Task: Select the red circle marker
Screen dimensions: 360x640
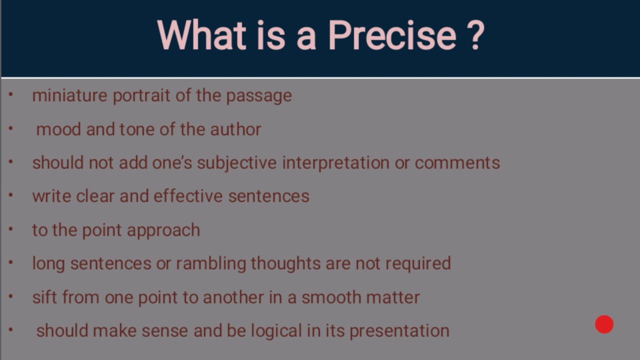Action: (x=604, y=324)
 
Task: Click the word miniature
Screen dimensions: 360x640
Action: (x=69, y=95)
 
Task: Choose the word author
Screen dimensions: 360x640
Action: (x=235, y=129)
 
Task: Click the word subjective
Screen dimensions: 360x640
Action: (x=237, y=163)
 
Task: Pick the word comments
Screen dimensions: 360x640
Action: (x=457, y=163)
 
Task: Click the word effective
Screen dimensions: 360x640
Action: (x=188, y=196)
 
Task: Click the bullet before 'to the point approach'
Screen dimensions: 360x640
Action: (x=11, y=229)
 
